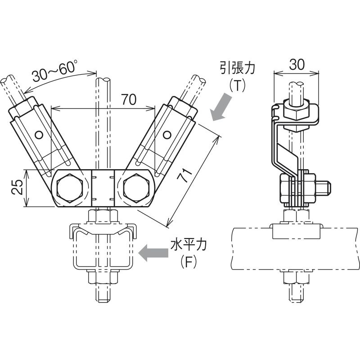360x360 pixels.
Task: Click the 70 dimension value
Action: pyautogui.click(x=129, y=99)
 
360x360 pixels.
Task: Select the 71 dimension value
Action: pyautogui.click(x=185, y=175)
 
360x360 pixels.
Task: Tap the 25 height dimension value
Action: pyautogui.click(x=17, y=187)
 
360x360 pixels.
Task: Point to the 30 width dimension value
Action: pyautogui.click(x=297, y=64)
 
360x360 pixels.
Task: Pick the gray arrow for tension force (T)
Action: pyautogui.click(x=221, y=107)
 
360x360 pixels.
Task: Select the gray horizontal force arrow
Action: pyautogui.click(x=153, y=253)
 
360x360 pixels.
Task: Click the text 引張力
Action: pyautogui.click(x=238, y=68)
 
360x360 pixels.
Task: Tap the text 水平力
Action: pyautogui.click(x=188, y=245)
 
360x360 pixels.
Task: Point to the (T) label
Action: pyautogui.click(x=238, y=85)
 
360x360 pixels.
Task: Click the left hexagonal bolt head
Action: pyautogui.click(x=69, y=188)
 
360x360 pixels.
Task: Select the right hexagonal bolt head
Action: pyautogui.click(x=136, y=188)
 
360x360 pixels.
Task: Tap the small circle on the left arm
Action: pyautogui.click(x=39, y=135)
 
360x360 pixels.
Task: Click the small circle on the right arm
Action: pyautogui.click(x=167, y=135)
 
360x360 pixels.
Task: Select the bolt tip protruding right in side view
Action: pyautogui.click(x=323, y=187)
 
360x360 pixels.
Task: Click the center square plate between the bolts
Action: pyautogui.click(x=103, y=188)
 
